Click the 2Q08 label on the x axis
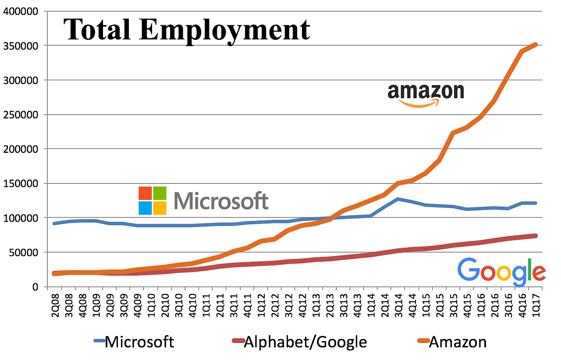point(56,302)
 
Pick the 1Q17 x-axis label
point(535,302)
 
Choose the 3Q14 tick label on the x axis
point(398,302)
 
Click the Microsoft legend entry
point(134,342)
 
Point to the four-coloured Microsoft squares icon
point(153,201)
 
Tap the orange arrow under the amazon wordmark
point(419,104)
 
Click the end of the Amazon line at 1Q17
point(535,45)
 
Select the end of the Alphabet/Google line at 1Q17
point(535,236)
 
